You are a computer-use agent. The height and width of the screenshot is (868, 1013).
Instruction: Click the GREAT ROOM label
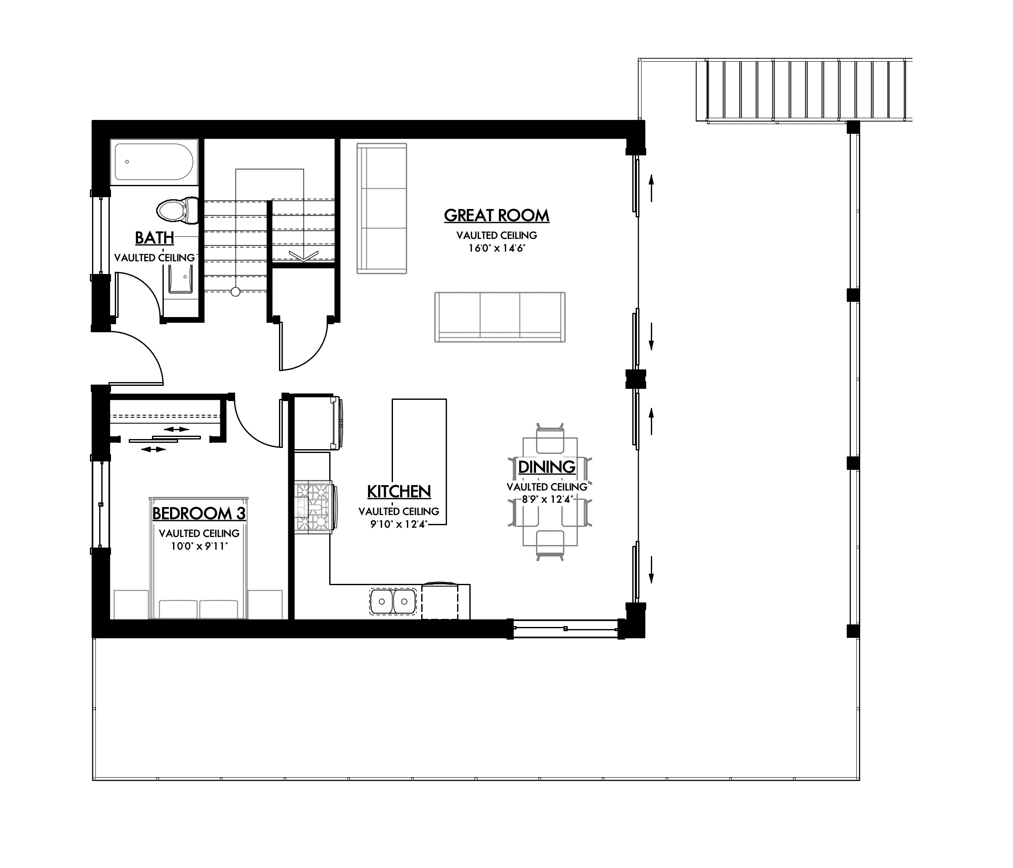point(496,215)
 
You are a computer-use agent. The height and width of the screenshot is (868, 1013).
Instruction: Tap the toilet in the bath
point(176,211)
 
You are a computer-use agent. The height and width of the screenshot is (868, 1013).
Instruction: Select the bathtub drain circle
point(127,162)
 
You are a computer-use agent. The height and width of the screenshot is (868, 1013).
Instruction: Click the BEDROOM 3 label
point(199,513)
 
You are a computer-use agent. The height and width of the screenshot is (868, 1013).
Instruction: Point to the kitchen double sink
point(393,601)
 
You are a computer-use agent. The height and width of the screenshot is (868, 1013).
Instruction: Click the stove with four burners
point(313,507)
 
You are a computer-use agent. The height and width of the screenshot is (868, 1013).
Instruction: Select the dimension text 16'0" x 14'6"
point(496,248)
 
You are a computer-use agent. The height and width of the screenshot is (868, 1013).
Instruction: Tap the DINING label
point(546,467)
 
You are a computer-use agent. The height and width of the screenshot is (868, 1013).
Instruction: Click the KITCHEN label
point(398,491)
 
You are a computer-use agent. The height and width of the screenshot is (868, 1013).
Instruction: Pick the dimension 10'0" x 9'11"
point(199,546)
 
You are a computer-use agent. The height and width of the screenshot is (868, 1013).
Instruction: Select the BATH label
point(154,238)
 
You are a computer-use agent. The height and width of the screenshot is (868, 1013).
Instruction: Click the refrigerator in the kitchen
point(315,423)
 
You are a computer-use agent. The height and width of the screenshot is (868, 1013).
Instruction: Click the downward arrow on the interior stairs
point(303,255)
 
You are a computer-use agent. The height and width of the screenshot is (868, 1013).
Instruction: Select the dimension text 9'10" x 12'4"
point(398,525)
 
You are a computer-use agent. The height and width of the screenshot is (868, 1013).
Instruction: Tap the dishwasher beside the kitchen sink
point(440,601)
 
